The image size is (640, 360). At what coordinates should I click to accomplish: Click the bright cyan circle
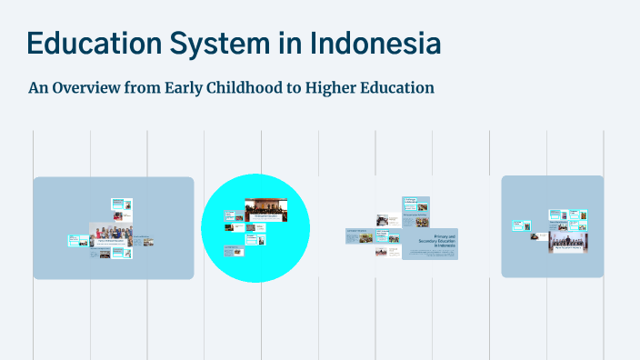click(255, 227)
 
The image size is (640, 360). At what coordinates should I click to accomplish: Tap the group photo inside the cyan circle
click(265, 210)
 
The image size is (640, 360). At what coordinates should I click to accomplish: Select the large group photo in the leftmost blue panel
click(110, 234)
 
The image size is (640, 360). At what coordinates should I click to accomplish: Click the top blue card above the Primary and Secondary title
click(415, 202)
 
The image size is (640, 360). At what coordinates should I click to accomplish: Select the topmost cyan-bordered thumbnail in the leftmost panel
click(121, 205)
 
